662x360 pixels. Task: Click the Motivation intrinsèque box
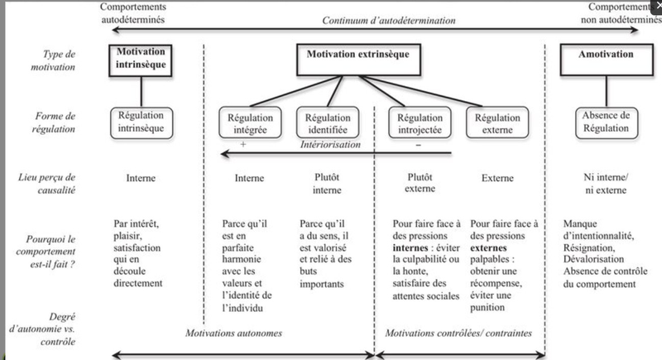coord(141,60)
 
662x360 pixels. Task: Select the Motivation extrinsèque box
coord(358,60)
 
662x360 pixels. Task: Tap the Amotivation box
coord(607,60)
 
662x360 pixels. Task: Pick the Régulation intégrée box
coord(251,122)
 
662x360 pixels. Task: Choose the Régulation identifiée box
coord(328,122)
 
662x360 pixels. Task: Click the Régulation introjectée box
coord(420,122)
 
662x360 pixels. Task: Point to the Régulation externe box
coord(497,122)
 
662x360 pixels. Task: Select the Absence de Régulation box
coord(607,122)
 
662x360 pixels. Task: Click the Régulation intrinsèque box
coord(142,122)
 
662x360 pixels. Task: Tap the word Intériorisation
coord(330,145)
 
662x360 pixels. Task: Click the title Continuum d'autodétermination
coord(389,20)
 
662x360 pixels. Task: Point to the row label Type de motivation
coord(53,60)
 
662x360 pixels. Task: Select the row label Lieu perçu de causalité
coord(47,184)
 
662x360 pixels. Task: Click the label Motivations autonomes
coord(233,333)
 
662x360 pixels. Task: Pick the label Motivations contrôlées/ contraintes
coord(458,333)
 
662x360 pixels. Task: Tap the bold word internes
coord(410,247)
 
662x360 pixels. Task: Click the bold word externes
coord(488,247)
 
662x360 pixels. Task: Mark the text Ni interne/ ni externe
coord(606,184)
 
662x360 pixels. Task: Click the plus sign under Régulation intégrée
coord(243,144)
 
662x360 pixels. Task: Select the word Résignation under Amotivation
coord(589,247)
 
